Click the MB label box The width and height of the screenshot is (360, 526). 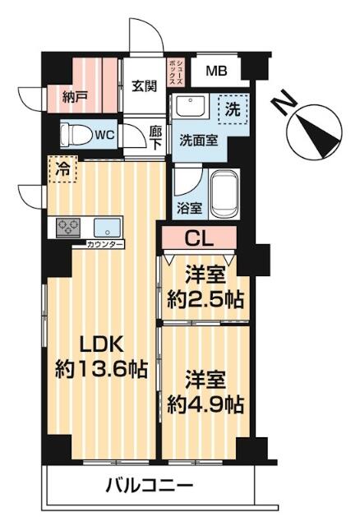click(216, 72)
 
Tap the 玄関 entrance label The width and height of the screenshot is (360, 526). click(145, 85)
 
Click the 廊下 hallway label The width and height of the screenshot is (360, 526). click(155, 136)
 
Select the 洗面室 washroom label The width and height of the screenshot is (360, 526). click(198, 140)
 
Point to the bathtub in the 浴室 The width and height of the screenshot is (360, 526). click(223, 195)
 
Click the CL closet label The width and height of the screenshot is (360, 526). click(199, 239)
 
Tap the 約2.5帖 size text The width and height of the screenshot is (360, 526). click(205, 299)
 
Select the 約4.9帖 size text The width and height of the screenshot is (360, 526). click(205, 404)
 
